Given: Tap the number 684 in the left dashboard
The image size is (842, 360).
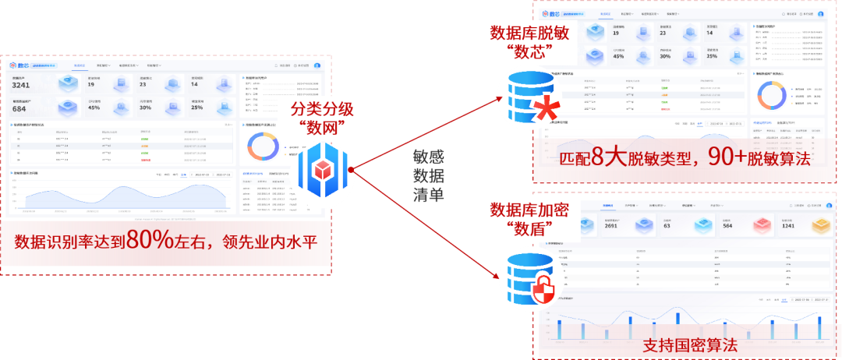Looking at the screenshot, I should click(x=19, y=108).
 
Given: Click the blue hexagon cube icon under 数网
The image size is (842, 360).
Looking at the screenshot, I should click(x=325, y=168).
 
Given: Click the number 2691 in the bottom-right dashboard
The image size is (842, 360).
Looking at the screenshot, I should click(x=611, y=227).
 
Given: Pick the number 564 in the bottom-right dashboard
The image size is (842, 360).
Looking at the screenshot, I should click(x=727, y=227).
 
